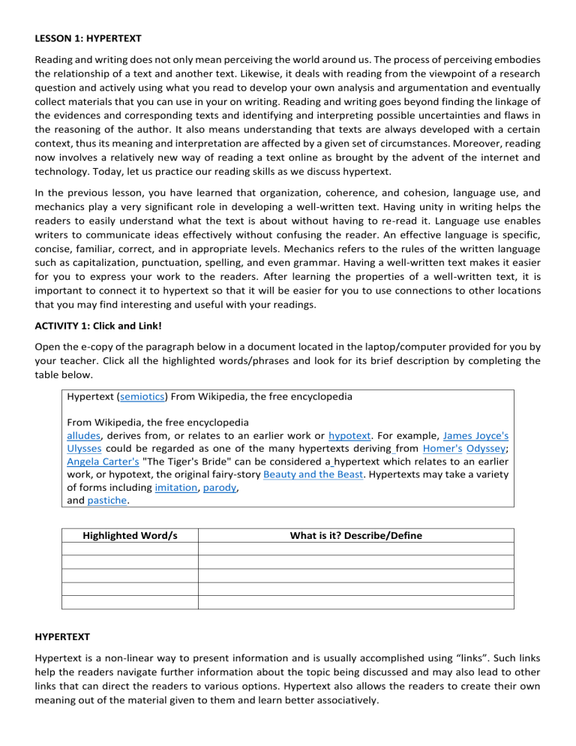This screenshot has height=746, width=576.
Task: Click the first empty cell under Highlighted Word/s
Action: click(x=130, y=549)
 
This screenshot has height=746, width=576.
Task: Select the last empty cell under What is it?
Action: click(x=355, y=602)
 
